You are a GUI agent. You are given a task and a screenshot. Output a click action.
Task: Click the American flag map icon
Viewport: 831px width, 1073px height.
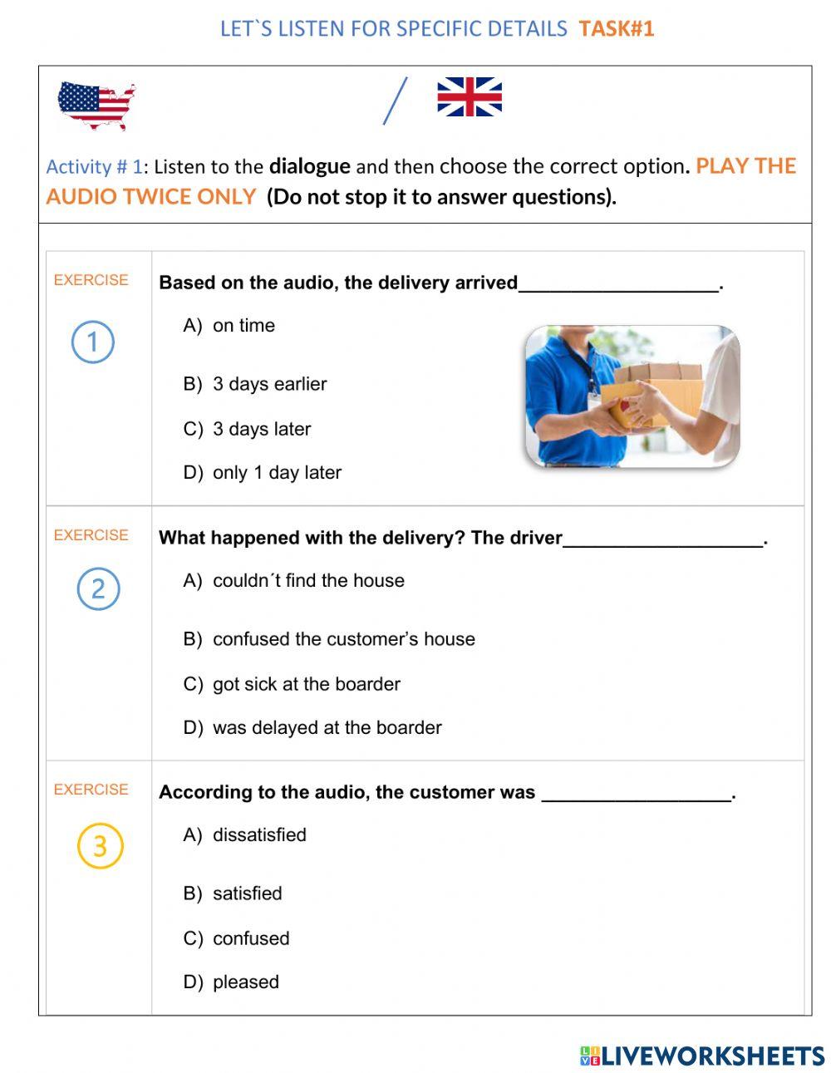tap(96, 105)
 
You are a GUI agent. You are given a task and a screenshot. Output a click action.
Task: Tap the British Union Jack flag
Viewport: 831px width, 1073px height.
tap(470, 97)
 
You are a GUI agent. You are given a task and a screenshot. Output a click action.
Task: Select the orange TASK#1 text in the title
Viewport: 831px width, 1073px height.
tap(617, 29)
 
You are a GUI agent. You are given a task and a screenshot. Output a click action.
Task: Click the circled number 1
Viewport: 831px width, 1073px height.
tap(92, 342)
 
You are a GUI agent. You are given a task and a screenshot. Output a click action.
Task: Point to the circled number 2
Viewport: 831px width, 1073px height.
tap(98, 588)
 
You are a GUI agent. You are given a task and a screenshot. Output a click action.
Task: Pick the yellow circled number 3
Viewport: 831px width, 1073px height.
tap(100, 846)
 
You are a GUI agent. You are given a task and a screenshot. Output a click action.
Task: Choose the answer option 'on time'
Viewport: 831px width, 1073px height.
tap(243, 326)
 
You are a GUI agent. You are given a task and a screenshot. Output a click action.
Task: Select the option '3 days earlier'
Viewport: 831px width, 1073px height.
tap(269, 384)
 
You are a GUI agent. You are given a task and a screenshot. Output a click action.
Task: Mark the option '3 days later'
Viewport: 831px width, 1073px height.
tap(261, 429)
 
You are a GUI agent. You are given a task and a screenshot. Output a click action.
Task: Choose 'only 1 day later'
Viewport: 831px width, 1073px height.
tap(277, 472)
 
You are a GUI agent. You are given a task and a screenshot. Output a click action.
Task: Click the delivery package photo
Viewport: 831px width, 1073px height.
tap(632, 396)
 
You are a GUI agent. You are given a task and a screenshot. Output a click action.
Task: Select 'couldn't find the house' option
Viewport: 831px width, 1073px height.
tap(307, 580)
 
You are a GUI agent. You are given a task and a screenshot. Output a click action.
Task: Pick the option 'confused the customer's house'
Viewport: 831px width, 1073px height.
tap(343, 639)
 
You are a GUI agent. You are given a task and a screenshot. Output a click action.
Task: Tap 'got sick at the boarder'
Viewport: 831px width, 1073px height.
tap(306, 684)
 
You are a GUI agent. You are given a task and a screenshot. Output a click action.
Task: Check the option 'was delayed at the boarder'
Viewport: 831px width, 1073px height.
tap(327, 727)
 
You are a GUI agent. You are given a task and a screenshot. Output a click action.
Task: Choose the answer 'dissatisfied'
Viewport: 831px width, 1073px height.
tap(258, 834)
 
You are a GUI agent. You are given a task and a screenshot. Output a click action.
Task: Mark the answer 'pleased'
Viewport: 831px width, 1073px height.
tap(245, 982)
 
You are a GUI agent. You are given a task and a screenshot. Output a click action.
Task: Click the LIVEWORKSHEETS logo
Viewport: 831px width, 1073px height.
tap(702, 1056)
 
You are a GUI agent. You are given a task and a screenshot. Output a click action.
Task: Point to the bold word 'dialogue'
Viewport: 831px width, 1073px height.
tap(309, 166)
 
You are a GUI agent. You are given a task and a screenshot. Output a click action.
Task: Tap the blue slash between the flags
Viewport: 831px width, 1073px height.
tap(396, 101)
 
